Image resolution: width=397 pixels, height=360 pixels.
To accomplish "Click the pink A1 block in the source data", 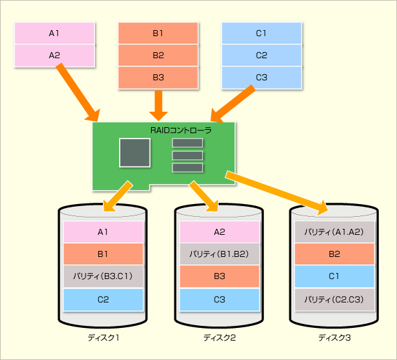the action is coord(54,33).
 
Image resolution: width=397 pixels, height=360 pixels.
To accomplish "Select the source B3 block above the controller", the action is coord(158,78).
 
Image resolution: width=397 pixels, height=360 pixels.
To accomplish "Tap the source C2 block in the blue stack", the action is coord(261,56).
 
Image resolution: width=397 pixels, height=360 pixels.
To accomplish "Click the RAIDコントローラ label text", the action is coord(180,130).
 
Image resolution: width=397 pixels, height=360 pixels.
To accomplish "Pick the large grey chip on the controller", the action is coord(135,153).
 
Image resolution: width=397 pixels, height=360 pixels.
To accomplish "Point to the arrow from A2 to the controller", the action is coord(78,92).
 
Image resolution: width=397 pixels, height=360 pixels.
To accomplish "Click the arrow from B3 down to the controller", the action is coord(158,106).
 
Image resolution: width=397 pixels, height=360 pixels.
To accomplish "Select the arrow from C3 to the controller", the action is coord(233,104).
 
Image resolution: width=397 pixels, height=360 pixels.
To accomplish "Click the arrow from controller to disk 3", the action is coord(277,193).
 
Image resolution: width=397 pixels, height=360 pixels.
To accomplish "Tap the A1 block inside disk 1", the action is coord(103,232).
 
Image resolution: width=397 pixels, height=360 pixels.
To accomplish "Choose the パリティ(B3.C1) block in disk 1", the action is coord(103,276).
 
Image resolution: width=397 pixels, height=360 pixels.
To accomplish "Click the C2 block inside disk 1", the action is coord(103,300).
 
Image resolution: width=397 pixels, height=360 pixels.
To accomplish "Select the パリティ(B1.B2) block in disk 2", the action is coord(219,254).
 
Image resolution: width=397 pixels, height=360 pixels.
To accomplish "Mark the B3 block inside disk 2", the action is coord(219,276).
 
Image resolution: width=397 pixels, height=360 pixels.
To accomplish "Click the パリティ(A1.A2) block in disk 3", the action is coord(334,232).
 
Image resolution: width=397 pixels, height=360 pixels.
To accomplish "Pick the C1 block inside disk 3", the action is coord(334,276).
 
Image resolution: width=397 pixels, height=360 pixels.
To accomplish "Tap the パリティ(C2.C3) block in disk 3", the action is coord(334,300).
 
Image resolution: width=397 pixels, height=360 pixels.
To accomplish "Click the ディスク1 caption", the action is coord(104,338).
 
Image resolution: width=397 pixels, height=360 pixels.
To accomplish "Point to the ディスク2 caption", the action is coord(219,338).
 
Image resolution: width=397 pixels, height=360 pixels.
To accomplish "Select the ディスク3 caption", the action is coord(334,338).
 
